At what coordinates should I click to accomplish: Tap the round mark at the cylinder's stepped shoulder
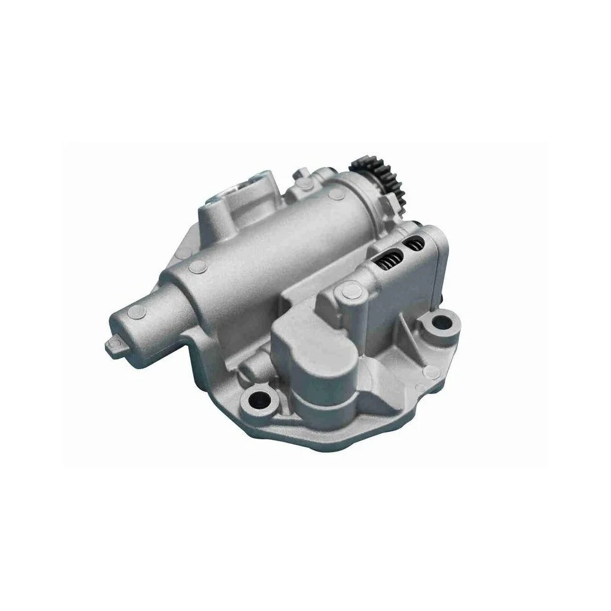[197, 266]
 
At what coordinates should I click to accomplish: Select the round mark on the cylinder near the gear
[335, 194]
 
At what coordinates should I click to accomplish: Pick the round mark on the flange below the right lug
[431, 368]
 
